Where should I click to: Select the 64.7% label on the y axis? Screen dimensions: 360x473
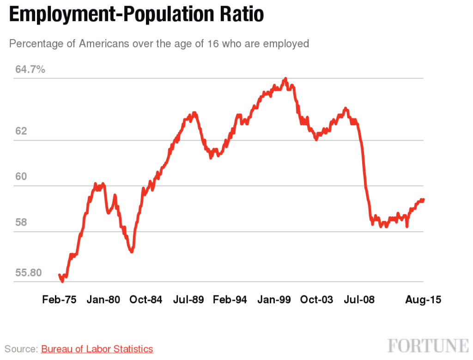tap(30, 70)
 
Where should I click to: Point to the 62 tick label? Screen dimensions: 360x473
tap(21, 131)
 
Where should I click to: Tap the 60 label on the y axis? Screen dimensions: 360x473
tap(21, 177)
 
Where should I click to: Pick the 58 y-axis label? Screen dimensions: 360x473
tap(21, 222)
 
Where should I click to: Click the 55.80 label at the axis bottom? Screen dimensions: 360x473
tap(28, 273)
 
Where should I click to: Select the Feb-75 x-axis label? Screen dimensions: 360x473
tap(59, 300)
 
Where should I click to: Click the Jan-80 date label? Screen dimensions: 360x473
tap(103, 300)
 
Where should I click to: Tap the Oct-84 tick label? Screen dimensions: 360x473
tap(146, 300)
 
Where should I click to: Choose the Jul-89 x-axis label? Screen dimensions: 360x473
tap(188, 300)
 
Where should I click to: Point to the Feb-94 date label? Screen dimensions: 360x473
tap(230, 300)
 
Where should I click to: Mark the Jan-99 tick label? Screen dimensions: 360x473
tap(274, 300)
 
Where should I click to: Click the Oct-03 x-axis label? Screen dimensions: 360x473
tap(316, 300)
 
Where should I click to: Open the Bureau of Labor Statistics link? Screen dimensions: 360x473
tap(97, 349)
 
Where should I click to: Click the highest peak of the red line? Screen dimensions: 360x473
tap(285, 79)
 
